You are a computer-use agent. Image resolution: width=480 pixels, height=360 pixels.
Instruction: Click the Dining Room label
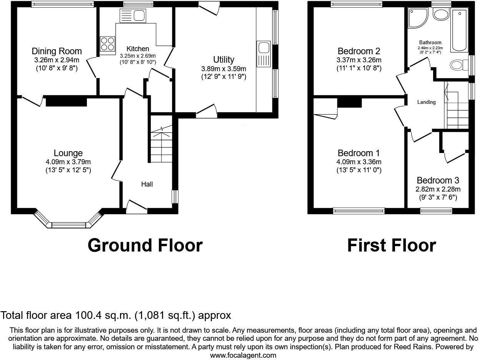57,51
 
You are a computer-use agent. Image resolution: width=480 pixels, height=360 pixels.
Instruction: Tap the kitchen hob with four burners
108,43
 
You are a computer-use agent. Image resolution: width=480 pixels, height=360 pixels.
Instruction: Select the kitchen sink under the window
133,15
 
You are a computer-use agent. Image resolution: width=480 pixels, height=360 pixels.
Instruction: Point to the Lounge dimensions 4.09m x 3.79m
68,162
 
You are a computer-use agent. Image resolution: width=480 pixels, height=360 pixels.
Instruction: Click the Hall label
147,184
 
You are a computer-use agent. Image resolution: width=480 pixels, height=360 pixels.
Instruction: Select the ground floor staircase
161,144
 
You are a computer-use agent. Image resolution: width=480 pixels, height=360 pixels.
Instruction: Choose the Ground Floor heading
145,245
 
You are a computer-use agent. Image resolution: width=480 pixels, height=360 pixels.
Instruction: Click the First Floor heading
392,245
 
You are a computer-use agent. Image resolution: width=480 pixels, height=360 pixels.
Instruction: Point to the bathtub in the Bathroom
459,31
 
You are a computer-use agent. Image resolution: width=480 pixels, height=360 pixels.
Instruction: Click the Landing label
426,102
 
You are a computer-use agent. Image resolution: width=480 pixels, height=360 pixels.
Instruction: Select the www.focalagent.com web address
243,355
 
